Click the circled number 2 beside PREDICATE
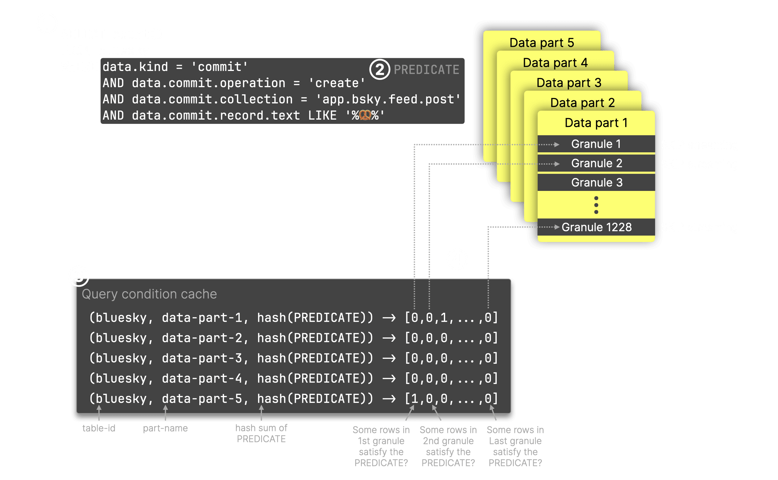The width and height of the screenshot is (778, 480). pyautogui.click(x=380, y=69)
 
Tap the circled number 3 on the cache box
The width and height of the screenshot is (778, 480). pyautogui.click(x=79, y=276)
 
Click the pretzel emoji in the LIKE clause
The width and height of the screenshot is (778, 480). pyautogui.click(x=365, y=115)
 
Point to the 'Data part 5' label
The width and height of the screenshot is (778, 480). pyautogui.click(x=542, y=43)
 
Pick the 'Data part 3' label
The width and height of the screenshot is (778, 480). pyautogui.click(x=569, y=83)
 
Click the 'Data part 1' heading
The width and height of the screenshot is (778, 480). pyautogui.click(x=596, y=123)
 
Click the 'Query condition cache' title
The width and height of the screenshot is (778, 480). pyautogui.click(x=149, y=294)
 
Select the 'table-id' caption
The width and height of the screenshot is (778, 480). pyautogui.click(x=99, y=428)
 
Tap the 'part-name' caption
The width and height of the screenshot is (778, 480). pyautogui.click(x=165, y=428)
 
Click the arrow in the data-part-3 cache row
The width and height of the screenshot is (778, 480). pyautogui.click(x=389, y=359)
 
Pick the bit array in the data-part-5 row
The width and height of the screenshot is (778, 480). pyautogui.click(x=451, y=399)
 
